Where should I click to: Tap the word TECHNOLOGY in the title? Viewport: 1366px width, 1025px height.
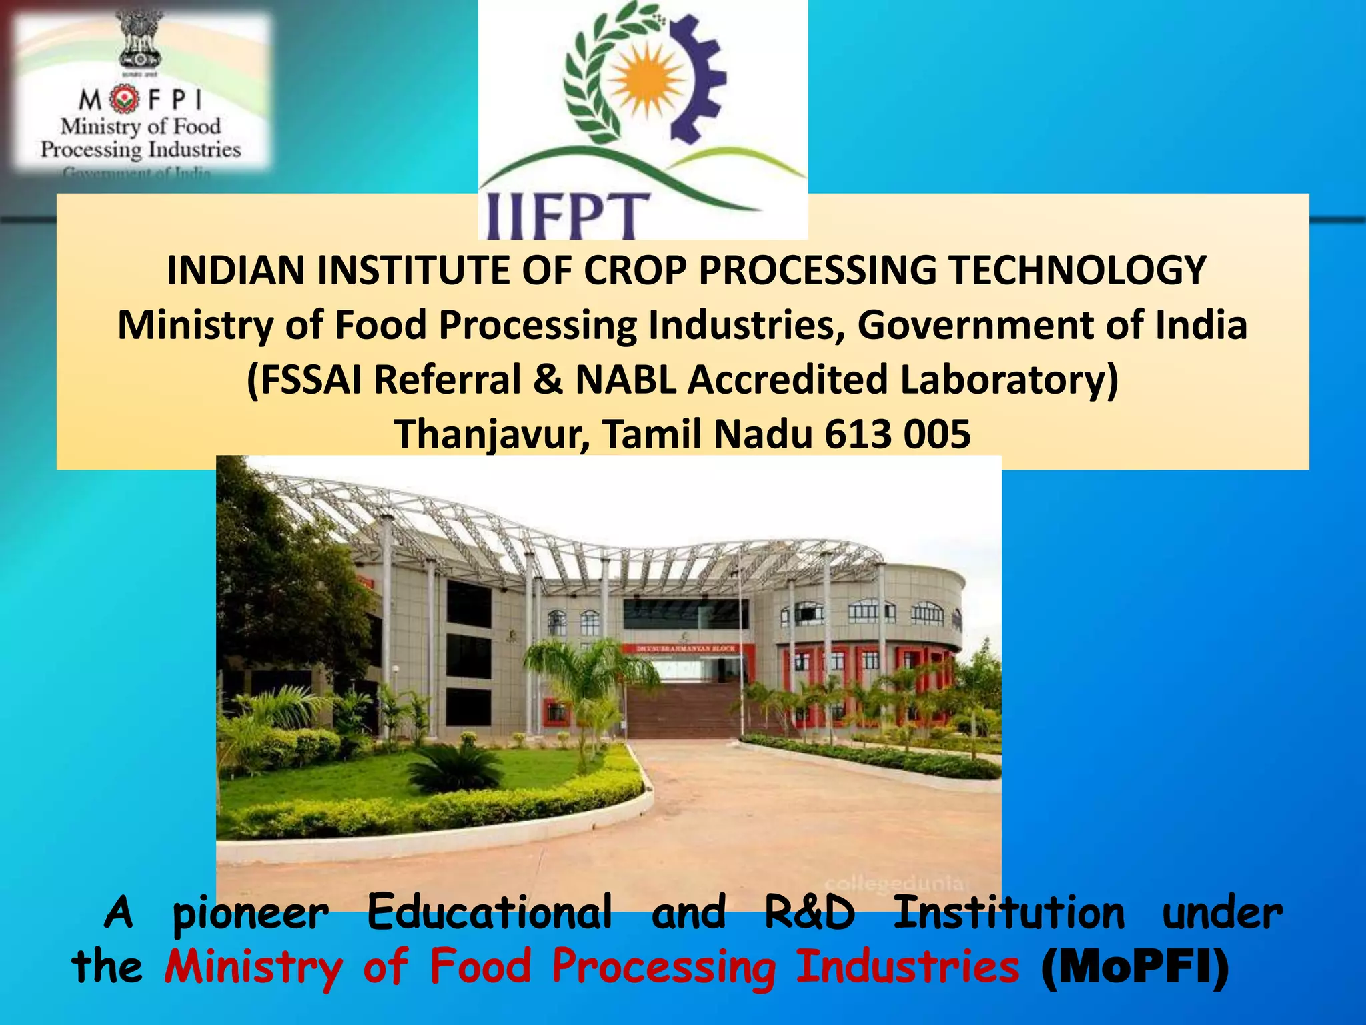pos(1077,271)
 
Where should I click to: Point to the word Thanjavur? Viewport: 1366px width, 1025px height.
pos(492,434)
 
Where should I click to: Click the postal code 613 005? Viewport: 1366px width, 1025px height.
pos(897,434)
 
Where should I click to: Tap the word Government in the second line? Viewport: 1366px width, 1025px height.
pos(975,326)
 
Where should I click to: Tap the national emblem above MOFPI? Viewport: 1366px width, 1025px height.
pos(141,44)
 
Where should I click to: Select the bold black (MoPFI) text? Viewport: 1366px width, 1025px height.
pos(1135,966)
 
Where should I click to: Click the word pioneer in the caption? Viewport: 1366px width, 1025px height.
pos(250,913)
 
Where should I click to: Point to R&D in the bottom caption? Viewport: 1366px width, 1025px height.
pos(809,913)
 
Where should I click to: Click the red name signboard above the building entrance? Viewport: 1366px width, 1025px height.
pos(687,649)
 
